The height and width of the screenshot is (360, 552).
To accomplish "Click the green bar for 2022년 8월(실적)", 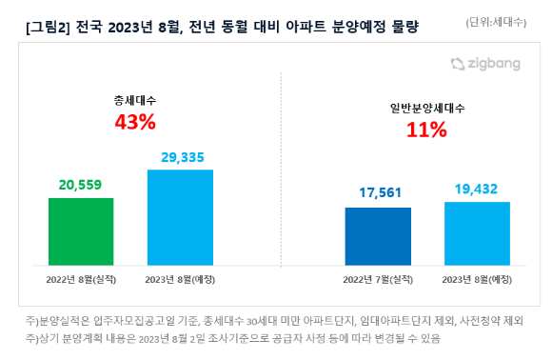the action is coord(81,231).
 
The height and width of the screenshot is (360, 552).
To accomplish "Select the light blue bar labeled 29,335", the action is coord(180,217).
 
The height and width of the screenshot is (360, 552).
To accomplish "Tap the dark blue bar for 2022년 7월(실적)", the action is coord(378,236).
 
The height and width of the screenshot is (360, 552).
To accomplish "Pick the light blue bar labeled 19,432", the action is coord(477,233).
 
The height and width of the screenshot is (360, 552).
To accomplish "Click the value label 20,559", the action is coord(80,185).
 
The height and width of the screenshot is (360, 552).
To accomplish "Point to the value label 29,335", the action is coord(183,157).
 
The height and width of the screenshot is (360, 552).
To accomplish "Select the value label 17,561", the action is coord(380,192).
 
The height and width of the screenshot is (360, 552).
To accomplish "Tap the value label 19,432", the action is coord(476,190).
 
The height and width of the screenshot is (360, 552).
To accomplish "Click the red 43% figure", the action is coord(135,122).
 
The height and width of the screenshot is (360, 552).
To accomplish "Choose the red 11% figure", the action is coord(426,130).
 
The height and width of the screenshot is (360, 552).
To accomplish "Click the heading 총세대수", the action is coord(135,101).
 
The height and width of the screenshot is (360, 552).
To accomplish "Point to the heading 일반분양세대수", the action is coord(427,109).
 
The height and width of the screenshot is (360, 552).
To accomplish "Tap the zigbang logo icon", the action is coord(458,64).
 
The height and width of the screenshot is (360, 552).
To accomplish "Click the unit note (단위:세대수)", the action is coord(496,22).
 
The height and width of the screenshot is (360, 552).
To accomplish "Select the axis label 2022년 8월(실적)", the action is coord(81,280).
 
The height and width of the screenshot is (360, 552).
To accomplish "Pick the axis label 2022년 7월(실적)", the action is coord(378,280).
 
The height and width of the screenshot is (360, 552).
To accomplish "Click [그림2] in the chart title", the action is coord(48,27).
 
